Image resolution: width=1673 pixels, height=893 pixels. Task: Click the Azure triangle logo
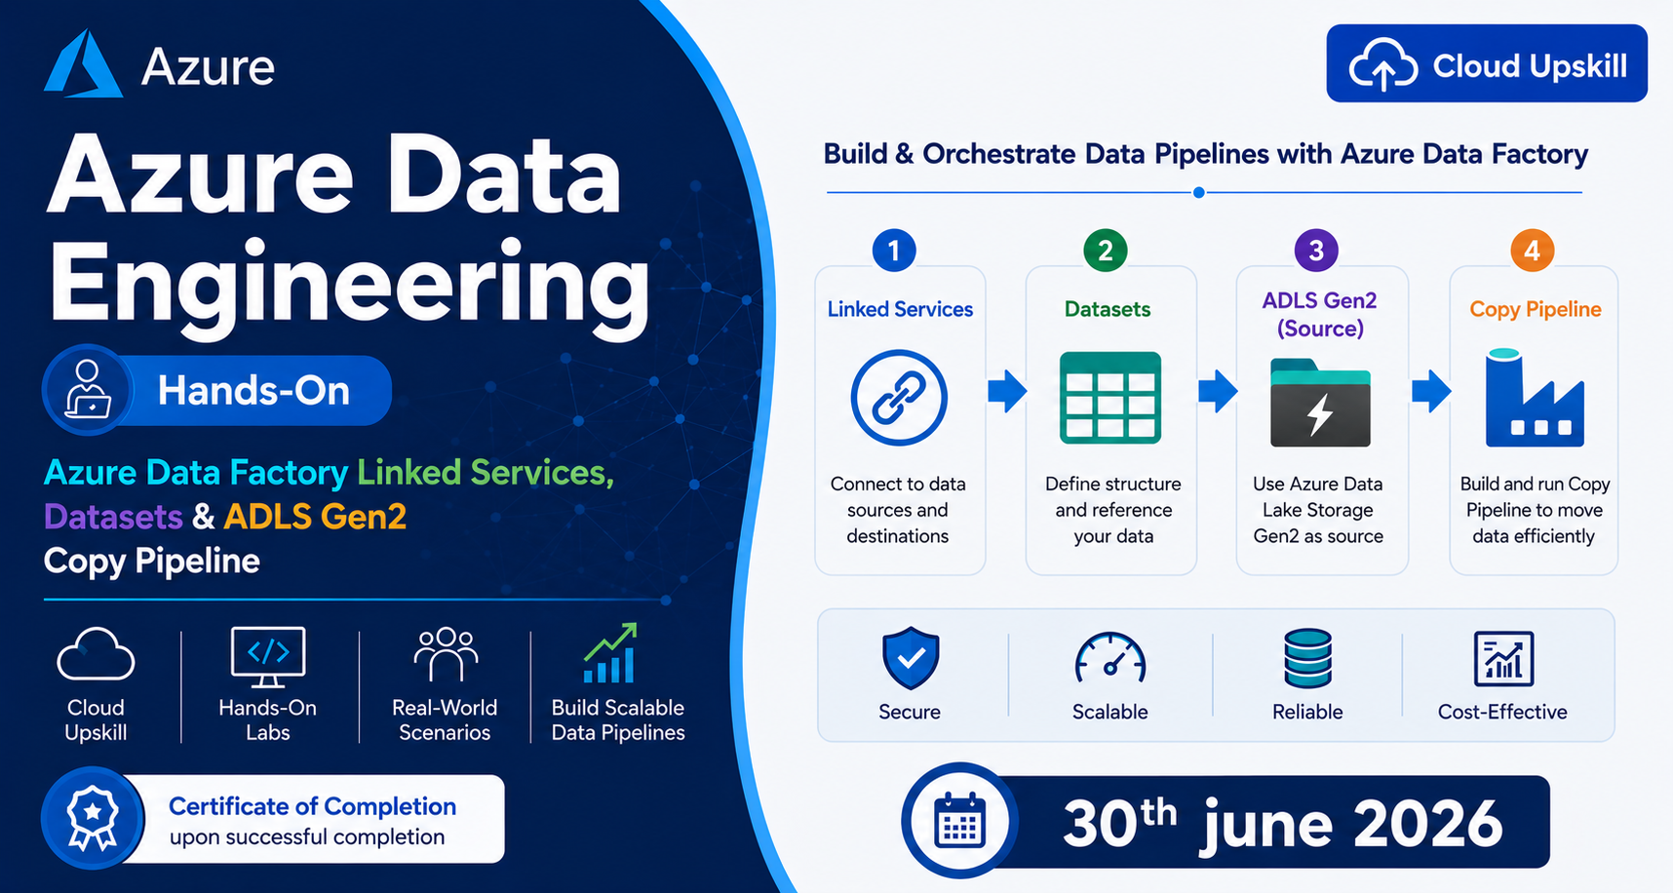(x=83, y=63)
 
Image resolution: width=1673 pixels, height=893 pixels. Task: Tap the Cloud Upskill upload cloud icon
(x=1382, y=65)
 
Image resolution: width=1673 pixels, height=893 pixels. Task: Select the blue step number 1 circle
(x=894, y=251)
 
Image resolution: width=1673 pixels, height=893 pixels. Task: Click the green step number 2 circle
(x=1106, y=251)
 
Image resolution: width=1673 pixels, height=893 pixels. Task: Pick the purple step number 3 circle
(x=1316, y=251)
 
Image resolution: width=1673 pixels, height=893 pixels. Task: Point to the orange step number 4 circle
(x=1532, y=251)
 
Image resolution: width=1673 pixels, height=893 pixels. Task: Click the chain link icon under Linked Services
(x=899, y=398)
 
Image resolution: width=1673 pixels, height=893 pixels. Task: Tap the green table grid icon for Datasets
(x=1110, y=398)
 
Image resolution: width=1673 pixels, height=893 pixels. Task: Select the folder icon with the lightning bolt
(x=1320, y=402)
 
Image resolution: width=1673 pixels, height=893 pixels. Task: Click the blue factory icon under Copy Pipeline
(x=1535, y=398)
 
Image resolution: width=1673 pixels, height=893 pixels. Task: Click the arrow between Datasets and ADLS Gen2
(x=1218, y=392)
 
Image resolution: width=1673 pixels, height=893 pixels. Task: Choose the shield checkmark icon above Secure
(x=911, y=658)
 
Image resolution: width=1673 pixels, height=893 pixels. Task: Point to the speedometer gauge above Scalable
(x=1110, y=656)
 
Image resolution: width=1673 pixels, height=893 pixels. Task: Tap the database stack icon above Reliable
(x=1307, y=658)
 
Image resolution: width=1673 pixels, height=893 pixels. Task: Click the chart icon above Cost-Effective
(x=1503, y=659)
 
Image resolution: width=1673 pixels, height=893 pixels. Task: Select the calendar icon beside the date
(x=960, y=821)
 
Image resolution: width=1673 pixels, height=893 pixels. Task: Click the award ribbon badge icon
(x=93, y=817)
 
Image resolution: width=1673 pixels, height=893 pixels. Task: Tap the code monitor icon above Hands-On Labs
(x=268, y=656)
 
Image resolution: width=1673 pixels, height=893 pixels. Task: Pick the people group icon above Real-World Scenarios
(x=446, y=653)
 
